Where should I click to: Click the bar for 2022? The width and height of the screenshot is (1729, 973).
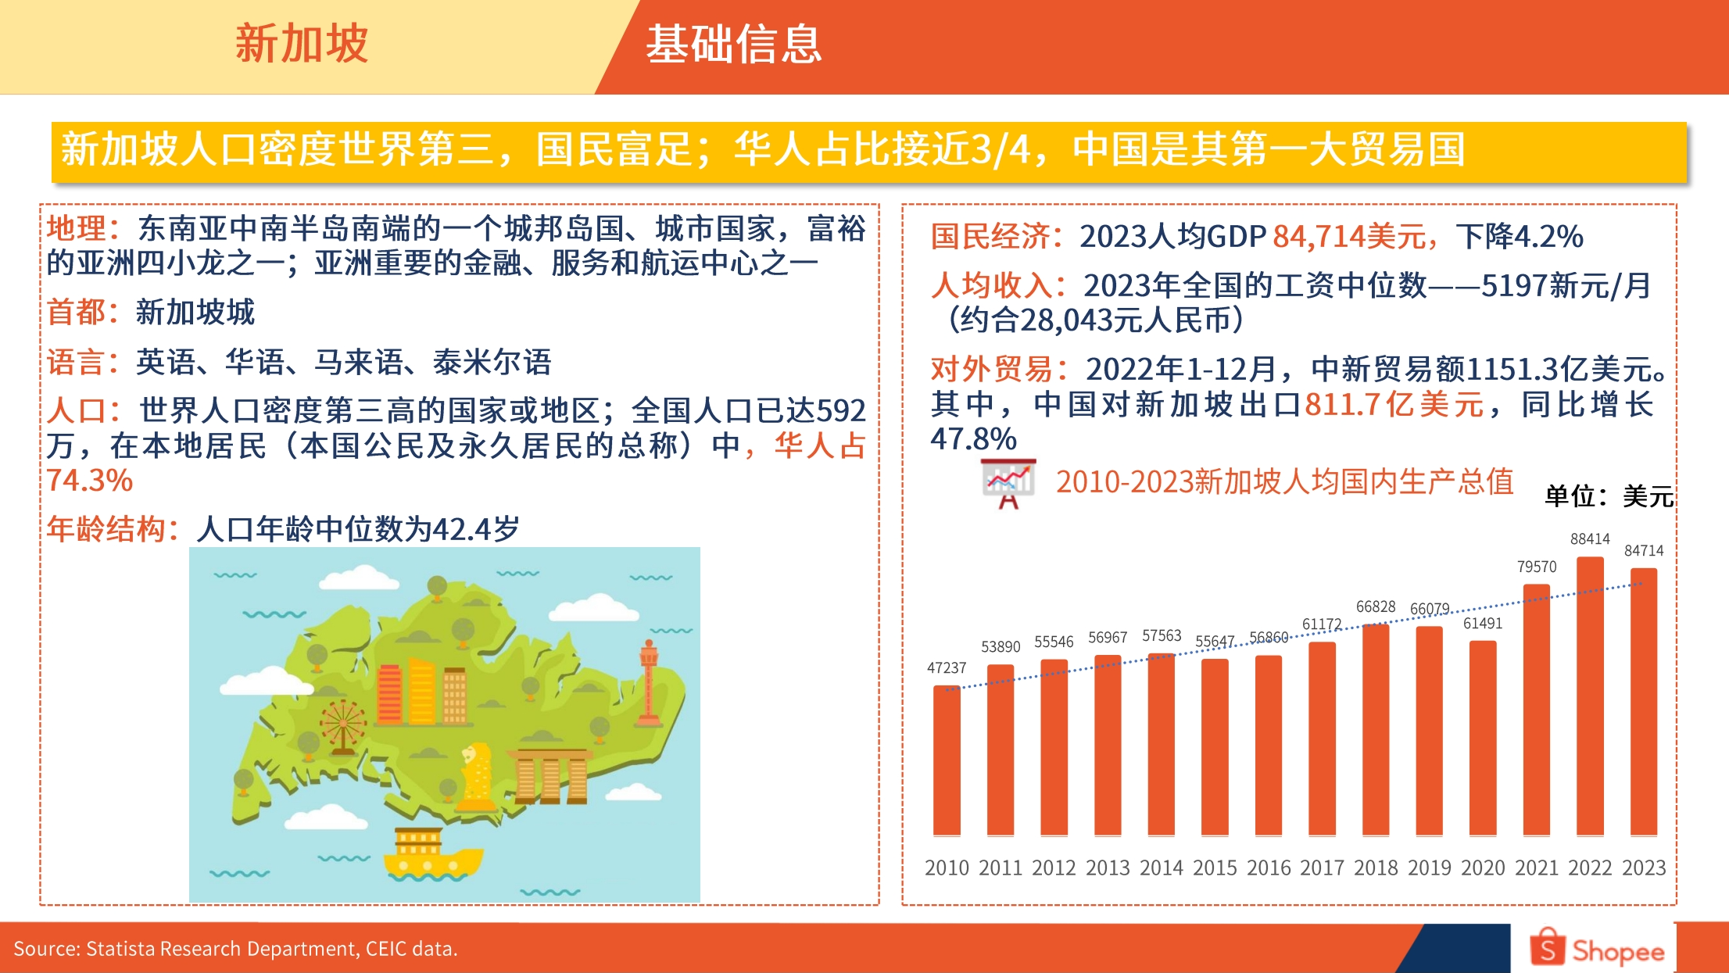coord(1590,696)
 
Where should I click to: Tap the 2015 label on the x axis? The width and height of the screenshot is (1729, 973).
coord(1215,867)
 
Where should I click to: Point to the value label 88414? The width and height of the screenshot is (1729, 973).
coord(1590,539)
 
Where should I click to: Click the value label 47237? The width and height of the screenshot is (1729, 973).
coord(947,668)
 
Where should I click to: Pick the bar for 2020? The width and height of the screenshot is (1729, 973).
coord(1483,738)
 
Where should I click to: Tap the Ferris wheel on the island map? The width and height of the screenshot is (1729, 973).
coord(343,725)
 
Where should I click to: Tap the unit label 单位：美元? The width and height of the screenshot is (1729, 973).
coord(1609,496)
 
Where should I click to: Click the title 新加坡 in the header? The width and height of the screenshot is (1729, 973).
coord(302,44)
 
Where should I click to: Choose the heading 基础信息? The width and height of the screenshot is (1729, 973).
coord(733,44)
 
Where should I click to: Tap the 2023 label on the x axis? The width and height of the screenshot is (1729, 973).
coord(1644,867)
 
